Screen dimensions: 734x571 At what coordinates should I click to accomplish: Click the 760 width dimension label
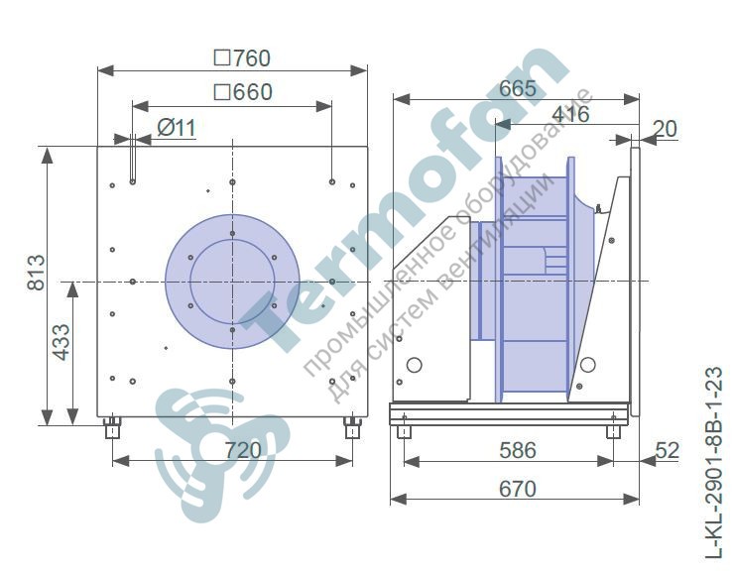click(242, 58)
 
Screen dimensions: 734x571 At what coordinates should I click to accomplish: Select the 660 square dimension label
click(243, 92)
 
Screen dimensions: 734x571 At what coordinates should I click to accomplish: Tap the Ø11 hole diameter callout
click(176, 127)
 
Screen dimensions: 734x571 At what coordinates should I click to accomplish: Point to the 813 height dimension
click(36, 273)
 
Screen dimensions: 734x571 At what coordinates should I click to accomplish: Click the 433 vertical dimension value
click(61, 343)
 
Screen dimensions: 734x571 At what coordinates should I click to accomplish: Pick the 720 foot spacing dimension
click(242, 450)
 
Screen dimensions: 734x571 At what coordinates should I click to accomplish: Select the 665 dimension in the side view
click(517, 88)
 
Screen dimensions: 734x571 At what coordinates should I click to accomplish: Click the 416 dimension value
click(570, 114)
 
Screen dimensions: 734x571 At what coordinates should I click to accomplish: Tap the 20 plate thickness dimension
click(665, 129)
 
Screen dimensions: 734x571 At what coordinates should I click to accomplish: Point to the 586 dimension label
click(517, 450)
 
